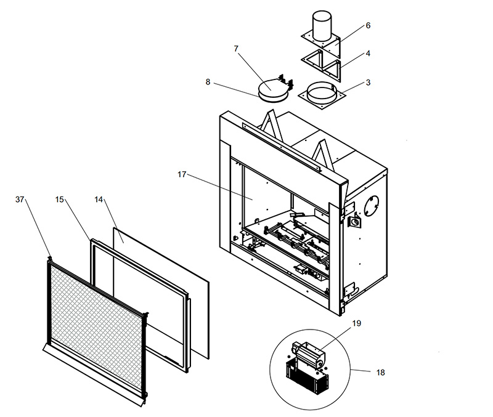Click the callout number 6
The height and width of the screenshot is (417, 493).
point(368,25)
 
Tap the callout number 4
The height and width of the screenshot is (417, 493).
point(368,54)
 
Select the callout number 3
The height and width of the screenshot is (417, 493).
point(368,83)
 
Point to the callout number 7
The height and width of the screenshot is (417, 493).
point(236,49)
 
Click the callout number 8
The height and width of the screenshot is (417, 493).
point(208,82)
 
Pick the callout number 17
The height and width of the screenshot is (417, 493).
point(182,174)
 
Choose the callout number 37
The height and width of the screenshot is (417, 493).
point(20,200)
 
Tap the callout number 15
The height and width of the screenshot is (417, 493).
point(59,200)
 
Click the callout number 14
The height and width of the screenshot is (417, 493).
point(99,200)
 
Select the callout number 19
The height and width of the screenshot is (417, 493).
point(357,323)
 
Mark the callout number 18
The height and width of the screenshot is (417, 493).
point(380,373)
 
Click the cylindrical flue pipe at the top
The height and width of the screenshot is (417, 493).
point(322,26)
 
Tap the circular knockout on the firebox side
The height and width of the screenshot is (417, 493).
point(372,206)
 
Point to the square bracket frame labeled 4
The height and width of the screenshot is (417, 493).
point(321,65)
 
